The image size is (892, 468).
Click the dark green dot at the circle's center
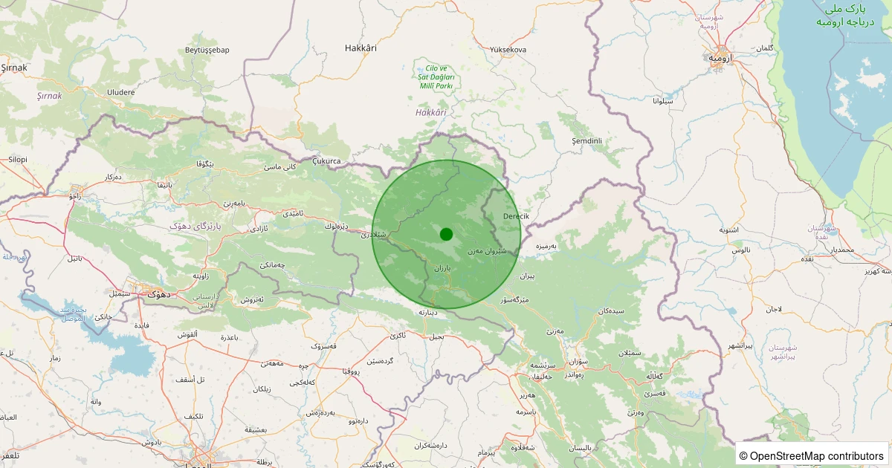446,234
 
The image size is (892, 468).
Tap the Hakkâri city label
361,48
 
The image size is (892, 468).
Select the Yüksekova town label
508,50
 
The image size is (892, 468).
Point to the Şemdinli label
586,140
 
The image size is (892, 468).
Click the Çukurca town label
326,160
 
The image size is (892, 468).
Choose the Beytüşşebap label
207,50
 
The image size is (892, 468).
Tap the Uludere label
121,92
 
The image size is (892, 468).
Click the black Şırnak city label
14,68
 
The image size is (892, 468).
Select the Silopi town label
17,159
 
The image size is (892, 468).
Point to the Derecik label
516,216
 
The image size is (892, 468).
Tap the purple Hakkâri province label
431,112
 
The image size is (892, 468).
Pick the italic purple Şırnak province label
50,96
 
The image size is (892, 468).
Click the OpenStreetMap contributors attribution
812,455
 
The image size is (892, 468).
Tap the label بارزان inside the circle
442,267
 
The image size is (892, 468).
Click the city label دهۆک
158,293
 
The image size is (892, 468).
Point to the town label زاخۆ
75,197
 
